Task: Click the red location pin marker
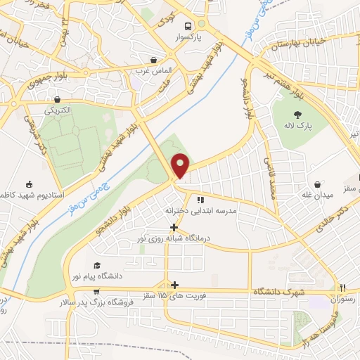click(181, 165)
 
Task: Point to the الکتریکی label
click(59, 110)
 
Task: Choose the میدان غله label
click(316, 194)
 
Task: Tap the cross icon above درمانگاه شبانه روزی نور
click(174, 227)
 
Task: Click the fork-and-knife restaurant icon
click(343, 288)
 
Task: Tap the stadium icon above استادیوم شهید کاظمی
click(29, 184)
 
